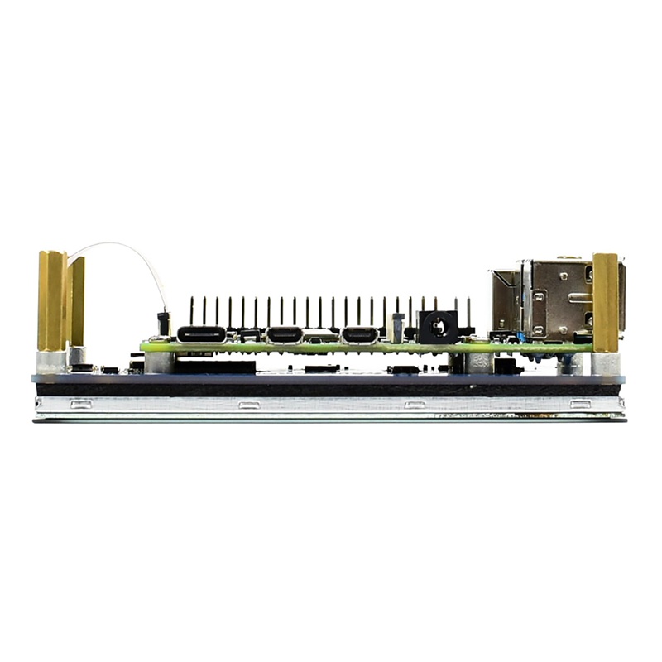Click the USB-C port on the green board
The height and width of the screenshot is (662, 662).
click(201, 335)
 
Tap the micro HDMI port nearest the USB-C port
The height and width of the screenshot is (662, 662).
click(284, 335)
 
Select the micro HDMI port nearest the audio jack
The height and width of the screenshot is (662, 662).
click(360, 335)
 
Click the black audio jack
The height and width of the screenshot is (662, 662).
click(437, 326)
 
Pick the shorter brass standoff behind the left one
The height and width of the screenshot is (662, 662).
click(77, 301)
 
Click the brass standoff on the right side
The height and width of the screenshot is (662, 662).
click(606, 302)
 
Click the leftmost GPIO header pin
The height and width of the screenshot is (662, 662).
click(191, 311)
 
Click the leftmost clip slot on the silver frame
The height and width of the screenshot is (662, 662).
click(80, 405)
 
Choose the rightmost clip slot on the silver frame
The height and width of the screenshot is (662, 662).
click(581, 405)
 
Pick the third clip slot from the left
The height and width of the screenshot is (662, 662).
click(415, 405)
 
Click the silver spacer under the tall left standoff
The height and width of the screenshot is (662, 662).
click(51, 362)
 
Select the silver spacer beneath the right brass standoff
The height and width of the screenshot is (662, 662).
click(605, 363)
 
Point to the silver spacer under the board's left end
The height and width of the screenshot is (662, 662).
click(160, 362)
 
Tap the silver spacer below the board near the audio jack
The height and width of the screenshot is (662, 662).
click(479, 362)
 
